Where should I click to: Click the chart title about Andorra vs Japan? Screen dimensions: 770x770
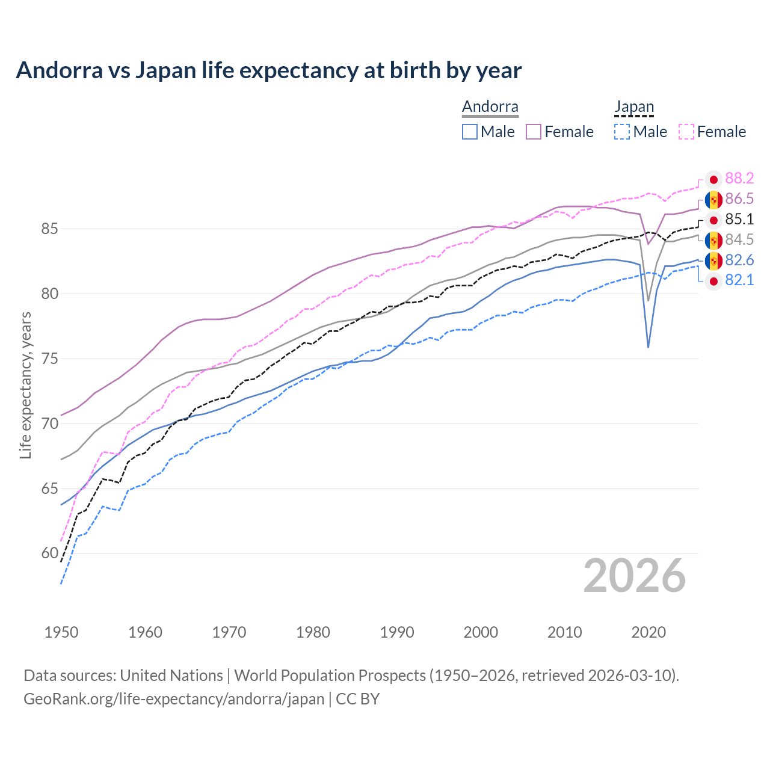268,70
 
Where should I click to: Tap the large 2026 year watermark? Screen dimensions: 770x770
634,576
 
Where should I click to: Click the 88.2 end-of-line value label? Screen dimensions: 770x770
739,179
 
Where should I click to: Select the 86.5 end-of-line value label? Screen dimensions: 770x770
739,199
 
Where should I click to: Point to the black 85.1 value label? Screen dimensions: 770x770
739,220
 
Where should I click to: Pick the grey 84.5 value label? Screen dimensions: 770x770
739,240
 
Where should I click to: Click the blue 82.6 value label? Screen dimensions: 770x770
739,260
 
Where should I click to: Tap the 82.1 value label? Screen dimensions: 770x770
739,280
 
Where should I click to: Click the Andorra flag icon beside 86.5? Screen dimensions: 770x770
713,200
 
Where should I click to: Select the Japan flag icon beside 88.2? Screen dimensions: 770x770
713,179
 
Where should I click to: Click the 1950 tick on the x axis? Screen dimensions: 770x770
61,632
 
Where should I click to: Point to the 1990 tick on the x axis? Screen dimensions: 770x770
397,632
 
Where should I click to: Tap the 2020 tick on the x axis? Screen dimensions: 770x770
648,632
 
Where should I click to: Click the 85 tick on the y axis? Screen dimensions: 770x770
49,229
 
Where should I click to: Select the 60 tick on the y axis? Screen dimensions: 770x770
49,553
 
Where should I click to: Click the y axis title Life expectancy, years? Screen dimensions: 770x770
25,385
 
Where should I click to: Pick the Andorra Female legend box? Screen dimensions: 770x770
534,132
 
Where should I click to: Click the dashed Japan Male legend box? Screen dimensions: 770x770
622,132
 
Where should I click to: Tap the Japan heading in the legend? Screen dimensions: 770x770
634,107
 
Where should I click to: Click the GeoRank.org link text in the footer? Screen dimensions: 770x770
174,699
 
